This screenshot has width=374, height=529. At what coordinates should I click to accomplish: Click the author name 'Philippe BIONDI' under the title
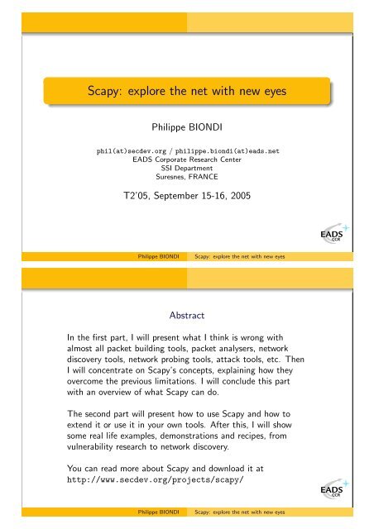coord(187,129)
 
